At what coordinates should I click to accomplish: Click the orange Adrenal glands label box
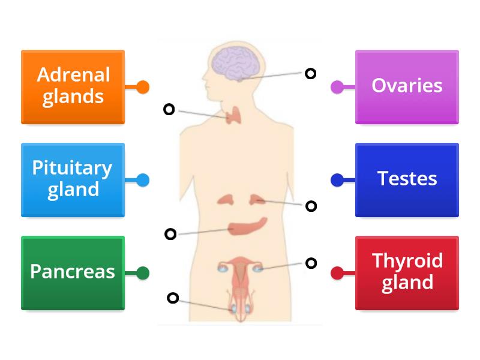tap(73, 87)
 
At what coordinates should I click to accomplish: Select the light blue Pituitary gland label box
tap(73, 179)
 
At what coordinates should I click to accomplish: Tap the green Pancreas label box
tap(73, 272)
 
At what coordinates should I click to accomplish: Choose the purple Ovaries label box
tap(407, 87)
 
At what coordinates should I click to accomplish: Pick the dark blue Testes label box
tap(407, 179)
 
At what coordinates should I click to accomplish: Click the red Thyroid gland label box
tap(407, 272)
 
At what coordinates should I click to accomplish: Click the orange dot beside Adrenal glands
tap(143, 87)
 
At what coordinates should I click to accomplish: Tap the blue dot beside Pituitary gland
tap(143, 179)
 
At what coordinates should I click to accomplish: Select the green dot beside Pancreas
tap(143, 273)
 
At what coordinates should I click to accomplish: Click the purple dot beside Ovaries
tap(337, 87)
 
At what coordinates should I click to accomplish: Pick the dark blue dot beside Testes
tap(337, 179)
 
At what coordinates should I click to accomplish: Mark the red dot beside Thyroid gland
tap(337, 273)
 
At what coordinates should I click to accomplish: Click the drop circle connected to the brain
tap(310, 73)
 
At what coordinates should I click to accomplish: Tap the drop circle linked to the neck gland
tap(169, 109)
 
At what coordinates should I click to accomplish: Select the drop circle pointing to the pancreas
tap(170, 234)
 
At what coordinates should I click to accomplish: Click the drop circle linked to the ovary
tap(311, 263)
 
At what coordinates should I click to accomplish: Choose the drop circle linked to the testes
tap(173, 298)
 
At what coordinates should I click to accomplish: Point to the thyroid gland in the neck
tap(234, 116)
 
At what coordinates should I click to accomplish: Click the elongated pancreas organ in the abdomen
tap(247, 226)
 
